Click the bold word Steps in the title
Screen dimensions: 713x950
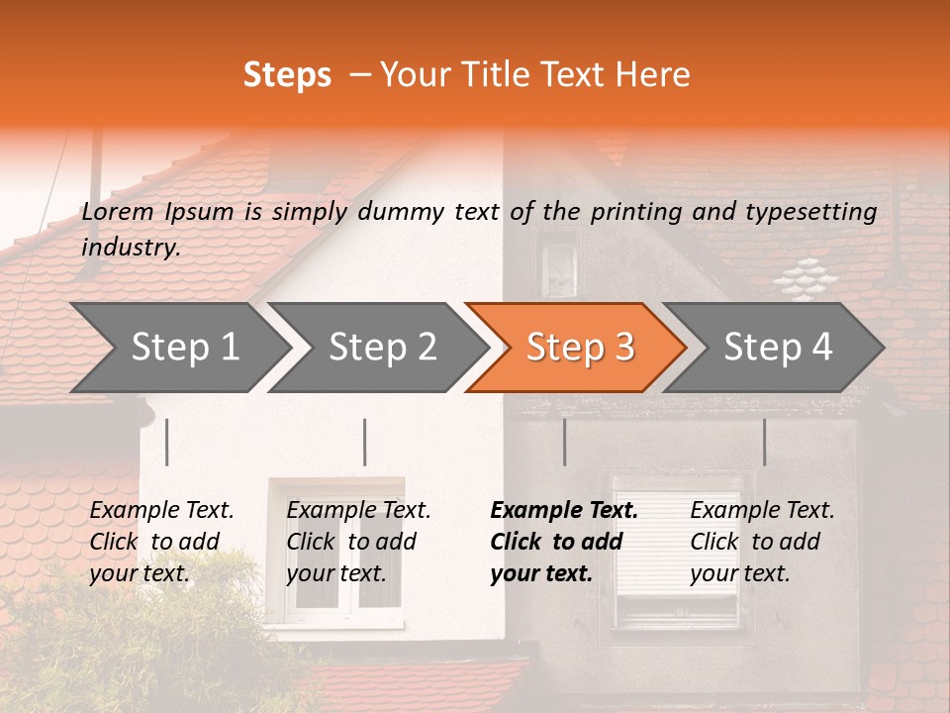(x=287, y=75)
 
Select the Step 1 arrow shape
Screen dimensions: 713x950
(x=178, y=348)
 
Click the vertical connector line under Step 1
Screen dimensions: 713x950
(x=167, y=442)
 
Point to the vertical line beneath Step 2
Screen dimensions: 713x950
(x=365, y=442)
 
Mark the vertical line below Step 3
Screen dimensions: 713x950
(x=565, y=442)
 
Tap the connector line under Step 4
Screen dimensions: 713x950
(x=765, y=442)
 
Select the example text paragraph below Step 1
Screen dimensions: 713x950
(x=160, y=542)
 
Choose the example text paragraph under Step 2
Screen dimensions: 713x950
(x=357, y=542)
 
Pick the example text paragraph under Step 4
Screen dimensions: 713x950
(x=761, y=542)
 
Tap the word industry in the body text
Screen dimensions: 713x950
(x=130, y=248)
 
